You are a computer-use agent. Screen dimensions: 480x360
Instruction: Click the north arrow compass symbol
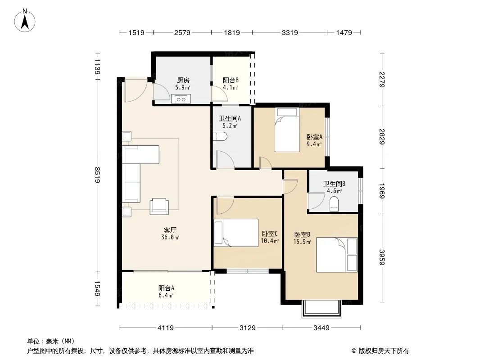tap(25, 21)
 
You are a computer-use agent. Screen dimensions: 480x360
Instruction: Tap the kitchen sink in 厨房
tap(181, 99)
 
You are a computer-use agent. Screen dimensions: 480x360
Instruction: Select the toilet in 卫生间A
tap(220, 136)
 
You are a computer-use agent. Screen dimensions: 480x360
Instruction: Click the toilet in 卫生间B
tap(334, 204)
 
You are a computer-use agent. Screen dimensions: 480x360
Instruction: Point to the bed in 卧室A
tap(287, 130)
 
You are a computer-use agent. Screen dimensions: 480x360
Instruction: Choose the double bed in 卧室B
tap(337, 255)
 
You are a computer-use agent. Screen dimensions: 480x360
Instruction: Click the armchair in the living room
tap(159, 207)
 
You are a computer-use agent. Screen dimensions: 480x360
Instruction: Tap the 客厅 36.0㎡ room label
tap(170, 234)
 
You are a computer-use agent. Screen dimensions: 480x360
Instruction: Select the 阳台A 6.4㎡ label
tap(166, 292)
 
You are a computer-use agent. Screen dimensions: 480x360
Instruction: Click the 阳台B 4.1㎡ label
tap(231, 84)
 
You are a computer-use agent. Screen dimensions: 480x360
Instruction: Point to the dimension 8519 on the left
tap(98, 175)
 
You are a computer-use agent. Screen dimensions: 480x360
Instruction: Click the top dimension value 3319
tap(290, 33)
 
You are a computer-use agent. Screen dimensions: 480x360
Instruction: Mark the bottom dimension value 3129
tap(247, 328)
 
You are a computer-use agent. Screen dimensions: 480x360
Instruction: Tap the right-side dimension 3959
tap(382, 257)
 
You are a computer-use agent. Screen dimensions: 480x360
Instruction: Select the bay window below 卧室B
tap(322, 309)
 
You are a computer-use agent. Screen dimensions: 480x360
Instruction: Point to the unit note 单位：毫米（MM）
tap(51, 342)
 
